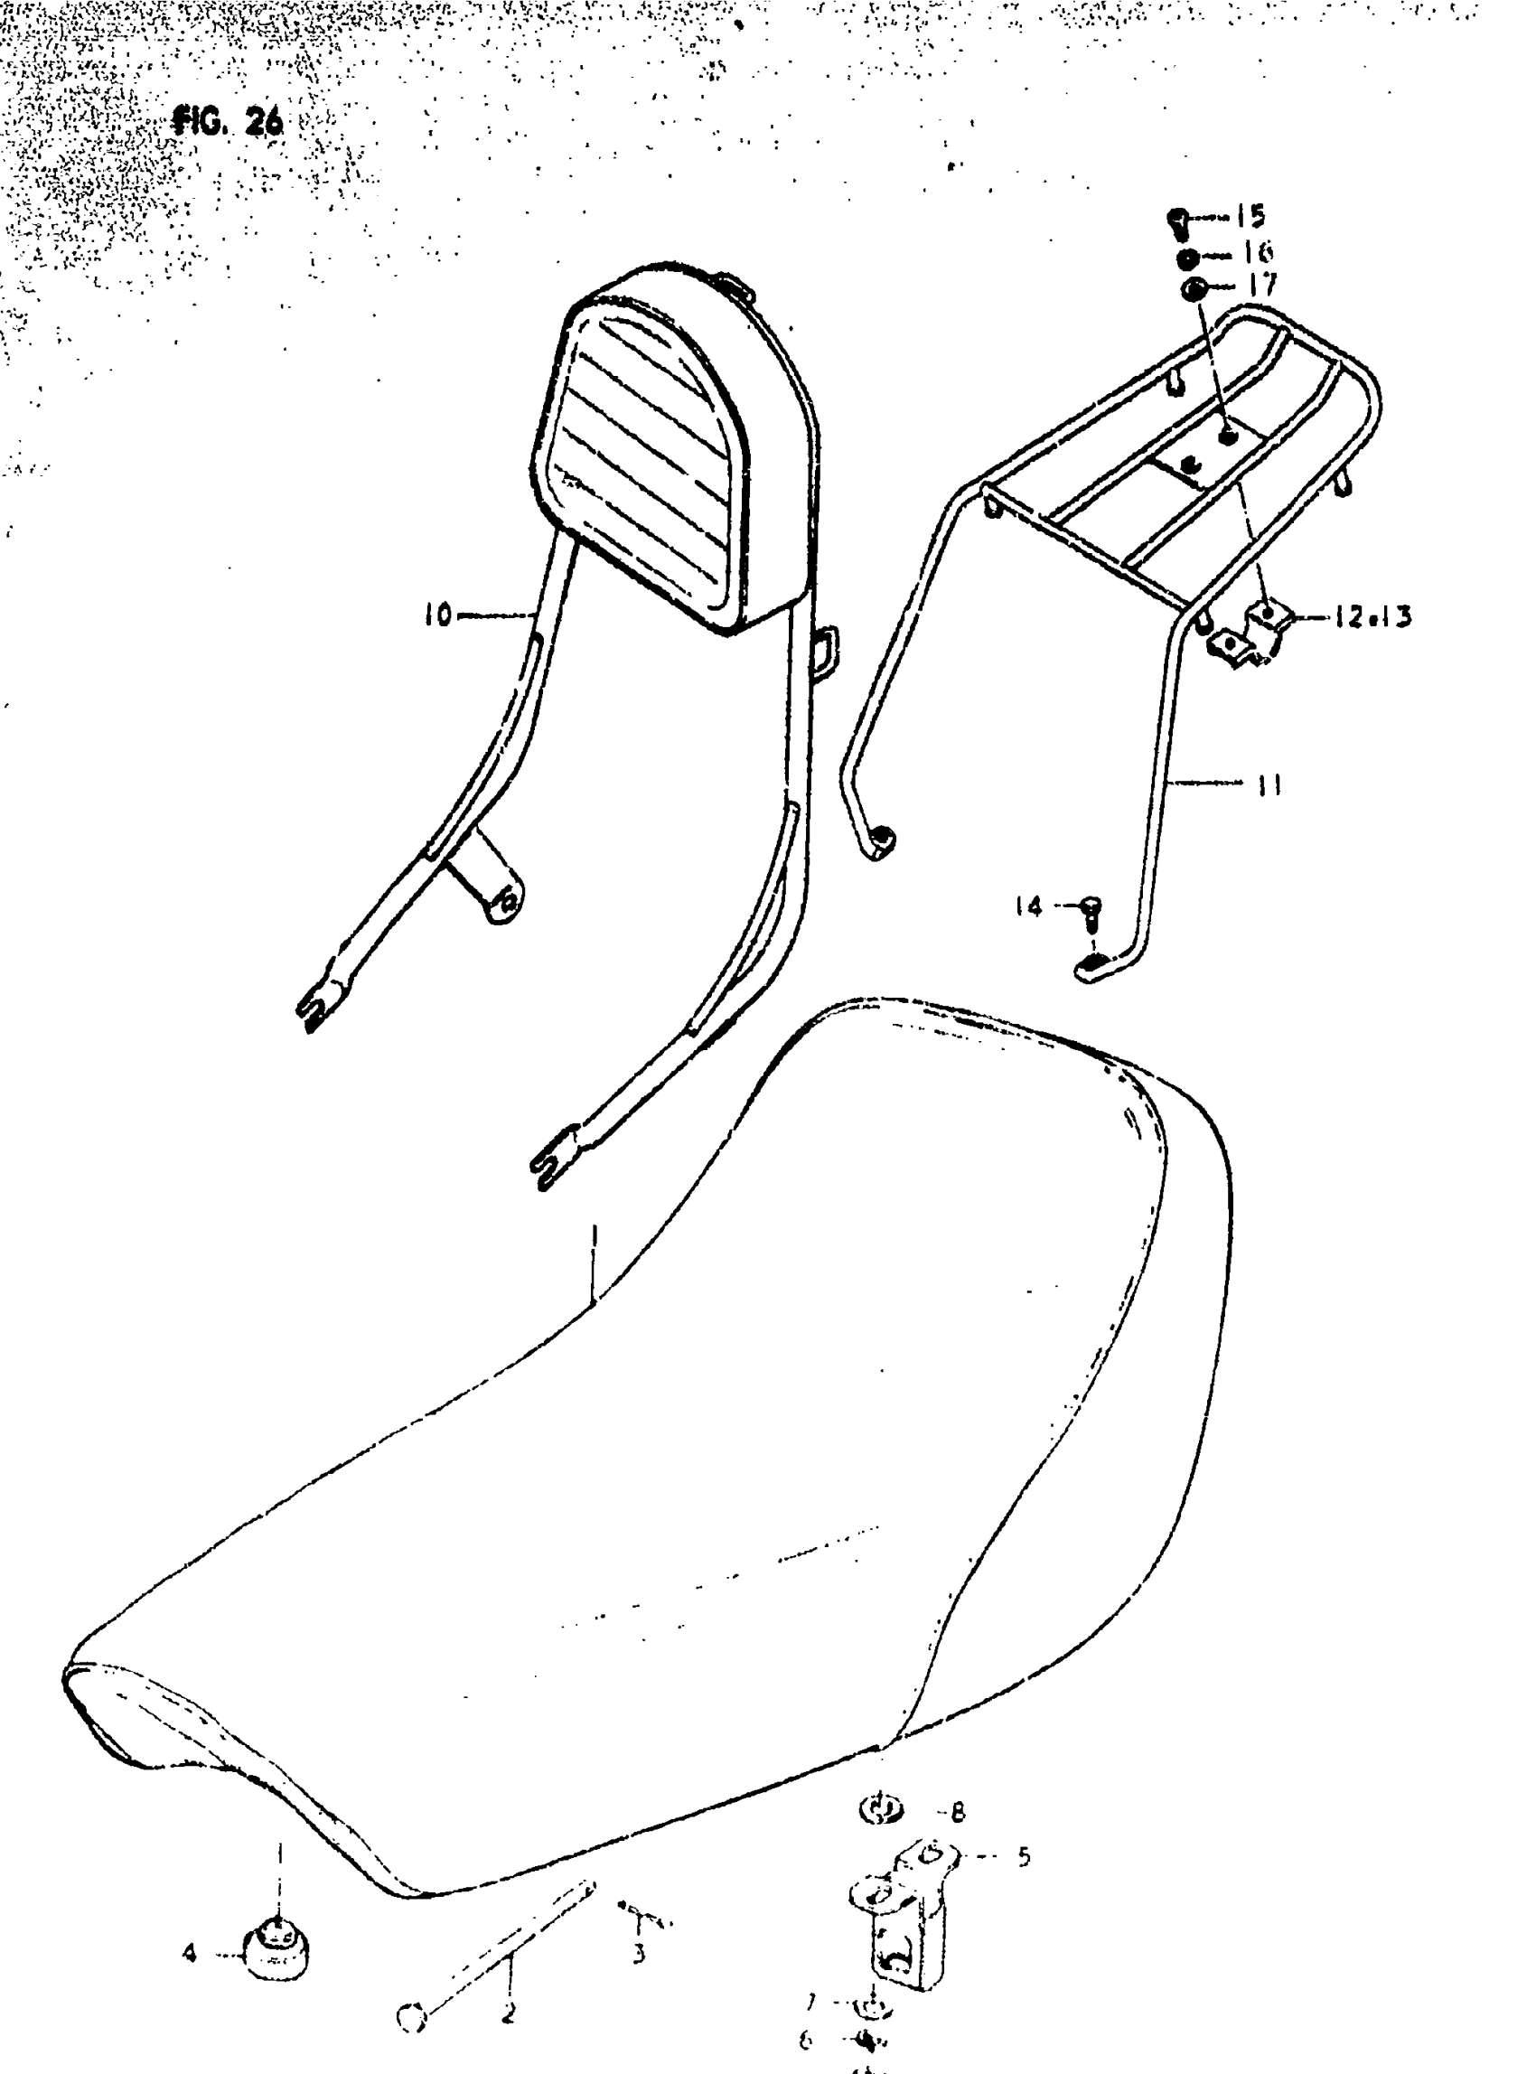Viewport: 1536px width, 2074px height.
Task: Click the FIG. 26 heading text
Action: [x=228, y=122]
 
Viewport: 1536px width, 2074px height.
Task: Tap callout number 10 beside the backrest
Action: [x=437, y=615]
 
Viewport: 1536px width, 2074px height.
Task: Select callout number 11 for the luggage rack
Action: [x=1269, y=785]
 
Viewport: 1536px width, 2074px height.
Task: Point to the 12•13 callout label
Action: [x=1372, y=616]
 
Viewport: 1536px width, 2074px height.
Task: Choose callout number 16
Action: [x=1256, y=253]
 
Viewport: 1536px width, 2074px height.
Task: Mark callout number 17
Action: [x=1261, y=286]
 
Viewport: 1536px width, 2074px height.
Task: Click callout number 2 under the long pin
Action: [x=508, y=2013]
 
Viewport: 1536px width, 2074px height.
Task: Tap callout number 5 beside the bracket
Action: [x=1023, y=1857]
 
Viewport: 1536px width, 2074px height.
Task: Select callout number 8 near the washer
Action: [x=958, y=1812]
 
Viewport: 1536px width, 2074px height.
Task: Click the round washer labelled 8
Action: [x=878, y=1809]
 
